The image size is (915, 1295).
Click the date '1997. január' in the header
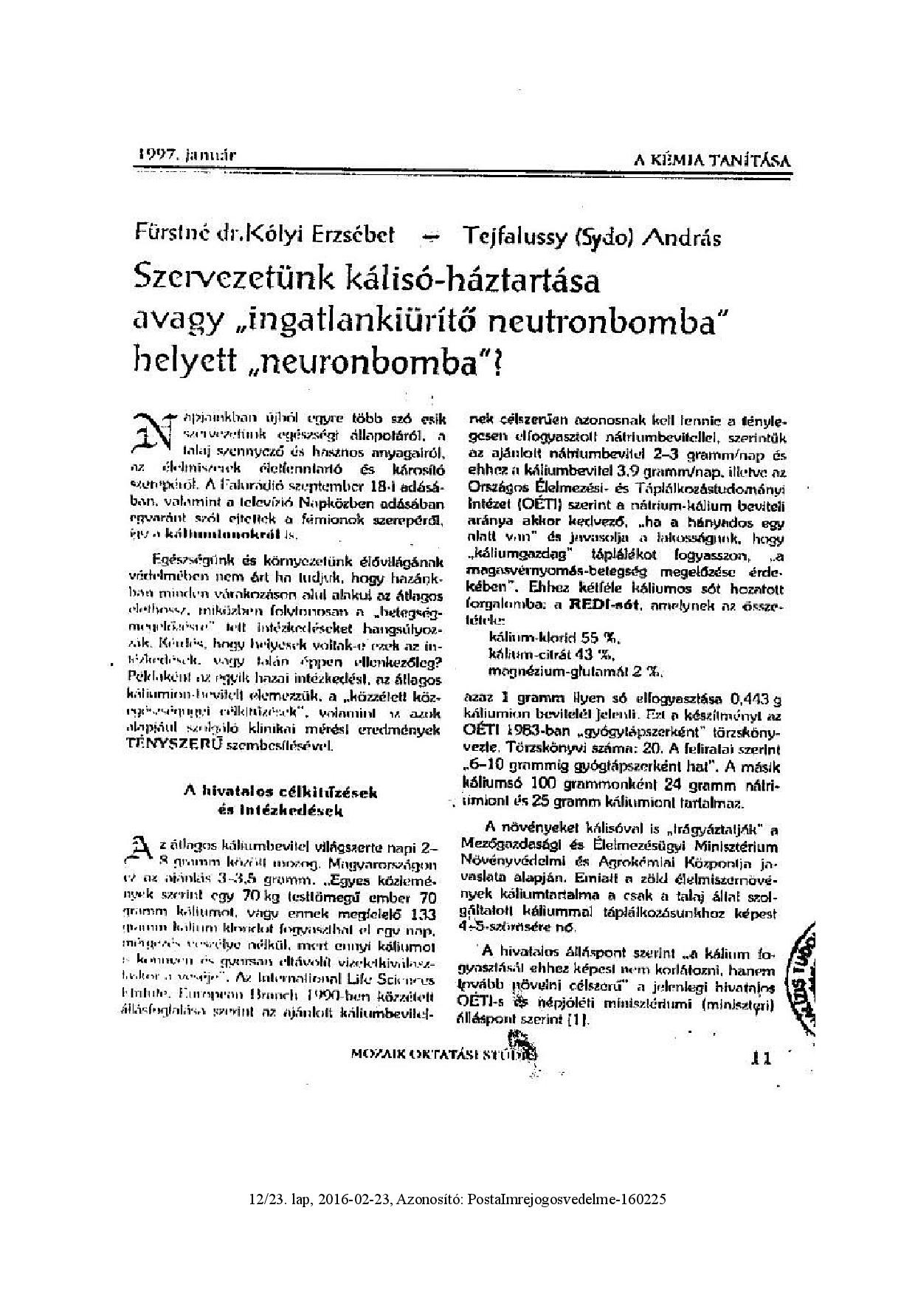click(x=187, y=155)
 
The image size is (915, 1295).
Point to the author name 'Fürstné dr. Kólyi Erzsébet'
click(x=264, y=235)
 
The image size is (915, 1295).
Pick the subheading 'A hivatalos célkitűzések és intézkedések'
click(x=280, y=800)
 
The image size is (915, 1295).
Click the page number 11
click(x=760, y=1059)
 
